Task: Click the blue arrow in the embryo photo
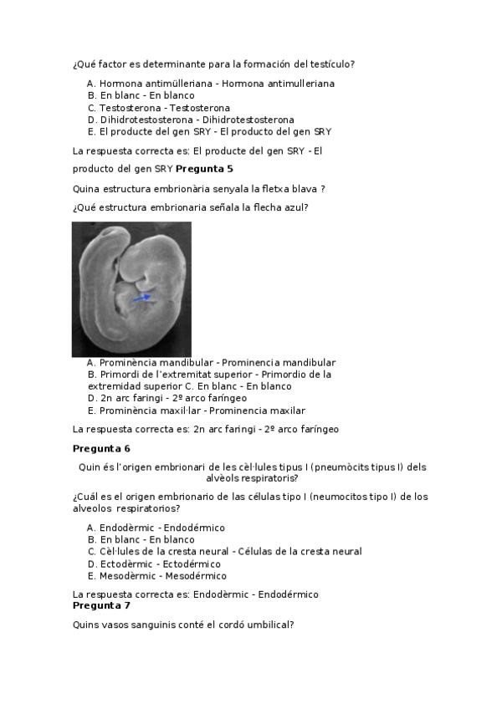pos(143,297)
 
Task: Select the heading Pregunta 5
pos(204,169)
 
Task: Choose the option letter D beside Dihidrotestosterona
pos(91,120)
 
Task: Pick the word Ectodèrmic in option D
pos(126,564)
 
